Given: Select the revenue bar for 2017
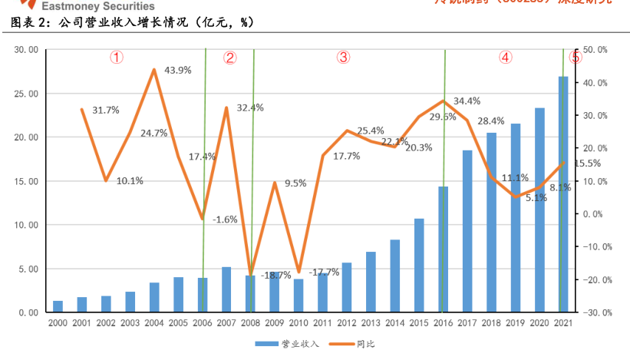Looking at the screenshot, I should click(x=467, y=231).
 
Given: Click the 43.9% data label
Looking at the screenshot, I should click(x=178, y=70).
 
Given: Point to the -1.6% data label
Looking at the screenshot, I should click(x=225, y=219).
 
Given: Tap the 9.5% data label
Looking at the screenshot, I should click(x=295, y=183).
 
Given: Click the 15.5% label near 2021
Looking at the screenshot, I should click(x=587, y=163).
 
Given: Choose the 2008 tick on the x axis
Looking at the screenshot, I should click(x=250, y=323).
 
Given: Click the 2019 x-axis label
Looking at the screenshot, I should click(x=515, y=323).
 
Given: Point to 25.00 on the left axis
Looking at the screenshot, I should click(x=26, y=94).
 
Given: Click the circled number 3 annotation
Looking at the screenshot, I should click(x=343, y=57).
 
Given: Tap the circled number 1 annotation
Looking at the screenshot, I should click(x=116, y=58).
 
